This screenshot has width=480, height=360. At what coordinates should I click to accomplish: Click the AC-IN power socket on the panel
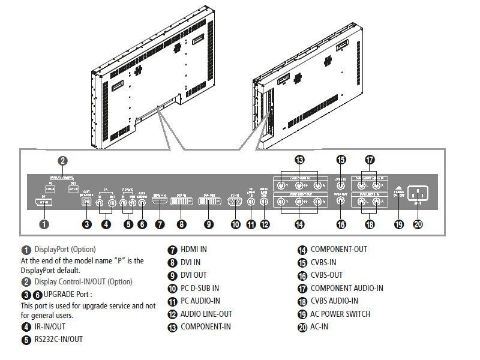tap(419, 194)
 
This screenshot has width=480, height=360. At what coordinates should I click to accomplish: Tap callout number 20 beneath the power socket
tap(419, 224)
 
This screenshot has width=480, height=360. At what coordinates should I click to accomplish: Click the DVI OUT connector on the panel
tap(209, 203)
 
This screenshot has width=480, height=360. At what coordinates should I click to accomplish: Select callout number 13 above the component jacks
tap(299, 160)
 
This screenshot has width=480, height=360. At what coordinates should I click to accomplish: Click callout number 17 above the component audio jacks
tap(370, 160)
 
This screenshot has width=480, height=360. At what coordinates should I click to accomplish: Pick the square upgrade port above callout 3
tap(87, 202)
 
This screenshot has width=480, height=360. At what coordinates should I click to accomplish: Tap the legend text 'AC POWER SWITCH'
tap(340, 314)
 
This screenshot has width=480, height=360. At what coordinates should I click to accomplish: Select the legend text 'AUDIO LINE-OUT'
tap(206, 314)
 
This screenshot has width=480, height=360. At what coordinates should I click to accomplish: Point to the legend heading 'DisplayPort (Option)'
tap(65, 249)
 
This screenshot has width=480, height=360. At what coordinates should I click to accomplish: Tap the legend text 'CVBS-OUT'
tap(329, 275)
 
